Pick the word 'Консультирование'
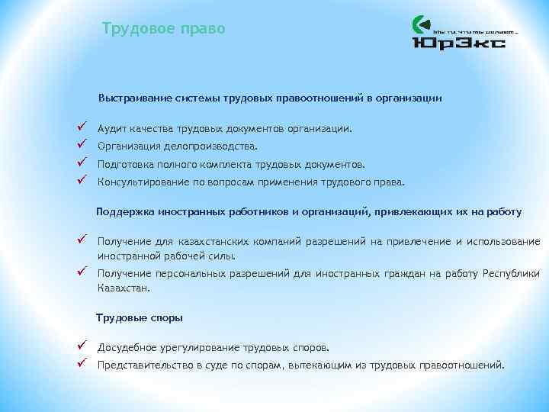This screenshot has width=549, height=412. (143, 182)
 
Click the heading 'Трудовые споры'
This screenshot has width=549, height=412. (139, 317)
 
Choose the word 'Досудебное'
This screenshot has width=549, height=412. (127, 347)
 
